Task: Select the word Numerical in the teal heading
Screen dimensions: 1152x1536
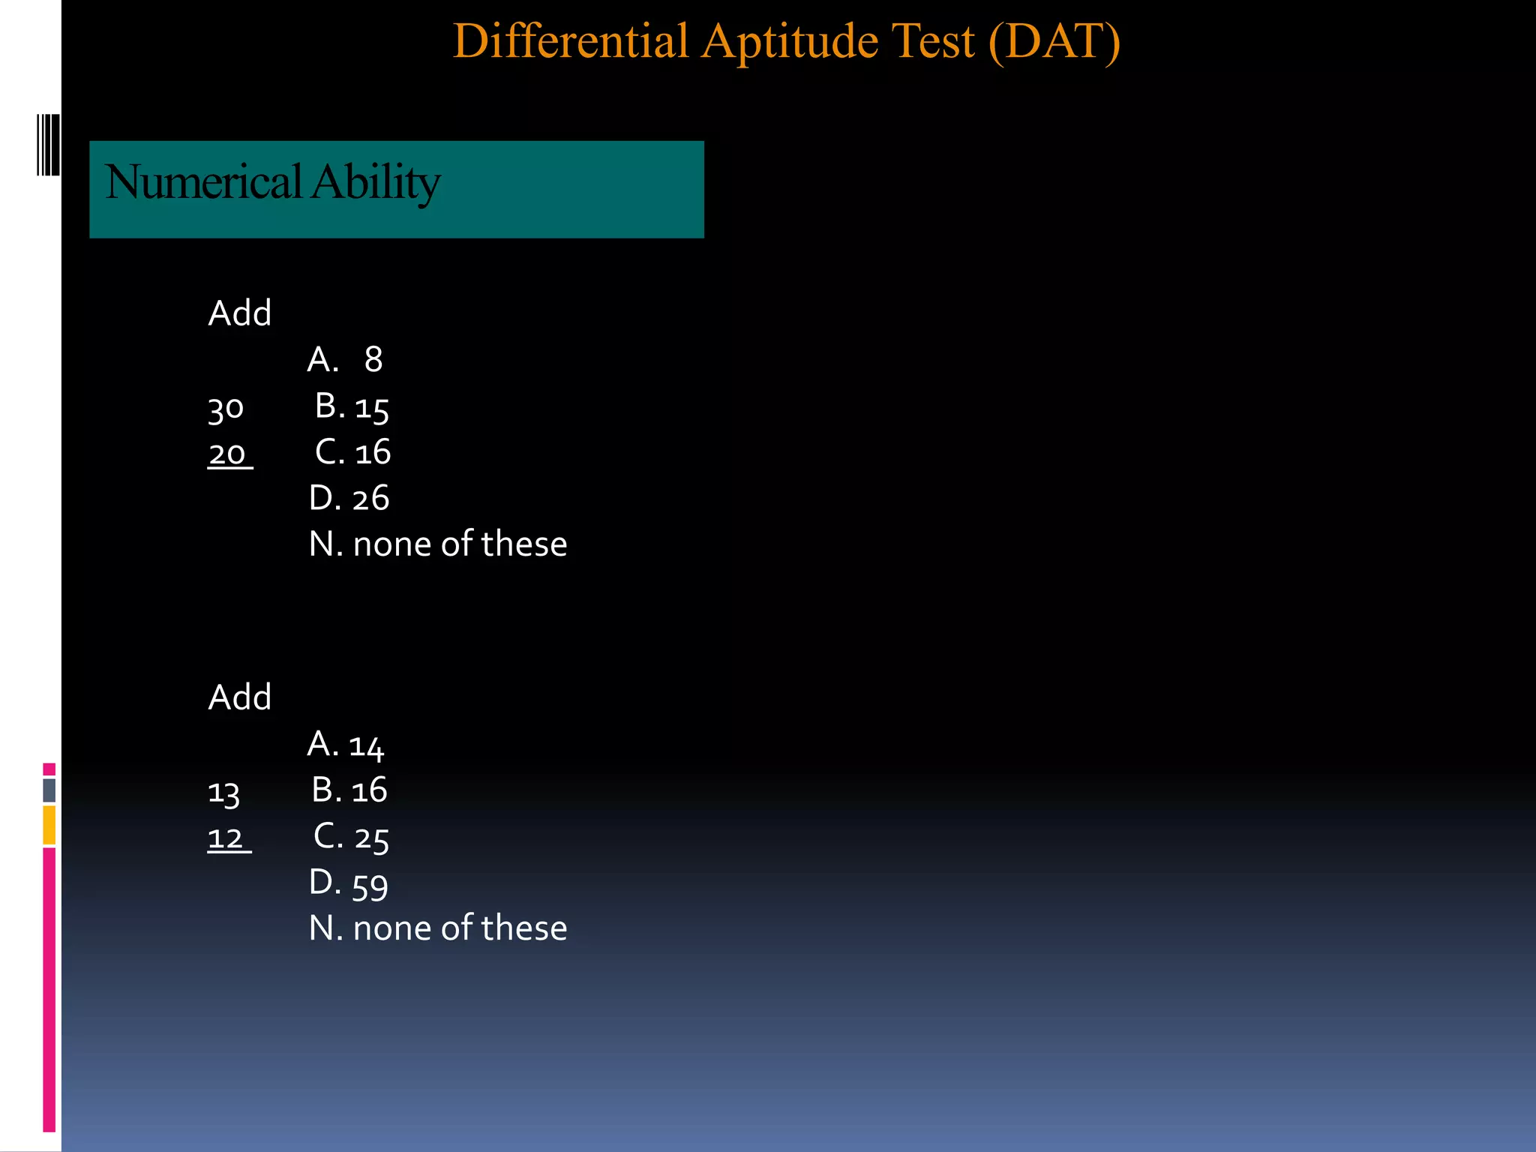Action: tap(203, 182)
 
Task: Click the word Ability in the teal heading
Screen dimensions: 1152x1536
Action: tap(376, 182)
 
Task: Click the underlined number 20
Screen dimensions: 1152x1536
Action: tap(227, 454)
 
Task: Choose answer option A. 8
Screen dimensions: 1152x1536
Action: tap(345, 360)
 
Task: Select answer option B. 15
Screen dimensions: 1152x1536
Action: tap(352, 407)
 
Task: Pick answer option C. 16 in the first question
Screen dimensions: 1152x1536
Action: tap(352, 452)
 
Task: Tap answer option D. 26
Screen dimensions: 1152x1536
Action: tap(349, 498)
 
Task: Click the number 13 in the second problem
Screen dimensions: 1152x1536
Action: tap(223, 793)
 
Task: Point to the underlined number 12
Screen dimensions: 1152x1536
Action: tap(226, 838)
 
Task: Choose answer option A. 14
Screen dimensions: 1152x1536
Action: tap(346, 745)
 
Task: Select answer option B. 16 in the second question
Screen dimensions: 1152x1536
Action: tap(349, 790)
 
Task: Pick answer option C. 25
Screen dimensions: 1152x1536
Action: tap(351, 837)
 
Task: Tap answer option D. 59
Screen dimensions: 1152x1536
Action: tap(349, 883)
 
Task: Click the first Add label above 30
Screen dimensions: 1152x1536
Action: tap(239, 313)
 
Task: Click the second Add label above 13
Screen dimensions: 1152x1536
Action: tap(239, 697)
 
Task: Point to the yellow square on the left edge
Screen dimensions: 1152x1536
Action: tap(49, 825)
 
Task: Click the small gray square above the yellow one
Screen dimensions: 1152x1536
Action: tap(49, 790)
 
